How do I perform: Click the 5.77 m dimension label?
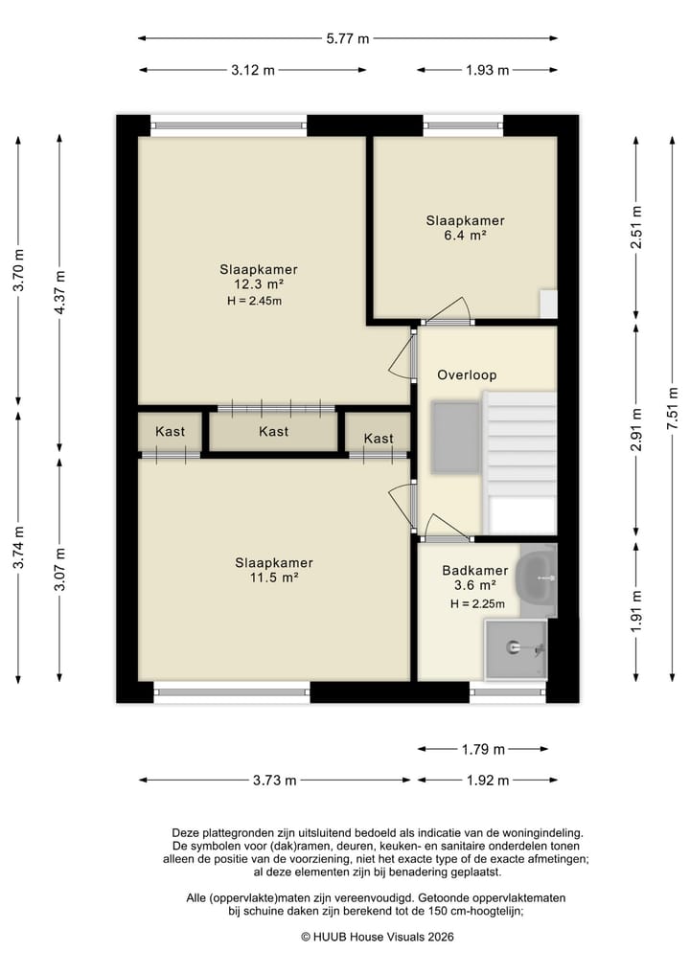348,38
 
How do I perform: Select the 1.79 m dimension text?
483,749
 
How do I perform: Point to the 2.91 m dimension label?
636,429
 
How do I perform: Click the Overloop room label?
467,374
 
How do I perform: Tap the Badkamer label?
475,570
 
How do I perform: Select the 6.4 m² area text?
465,236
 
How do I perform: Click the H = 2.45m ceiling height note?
254,302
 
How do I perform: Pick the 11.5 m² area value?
273,578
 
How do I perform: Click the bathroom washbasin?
537,578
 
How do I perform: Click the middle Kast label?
273,431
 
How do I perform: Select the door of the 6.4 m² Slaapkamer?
447,312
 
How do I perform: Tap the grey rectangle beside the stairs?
455,437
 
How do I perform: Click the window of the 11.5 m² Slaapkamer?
232,691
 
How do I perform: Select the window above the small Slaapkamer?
464,125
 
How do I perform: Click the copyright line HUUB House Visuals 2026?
378,937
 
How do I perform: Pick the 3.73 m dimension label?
274,781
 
